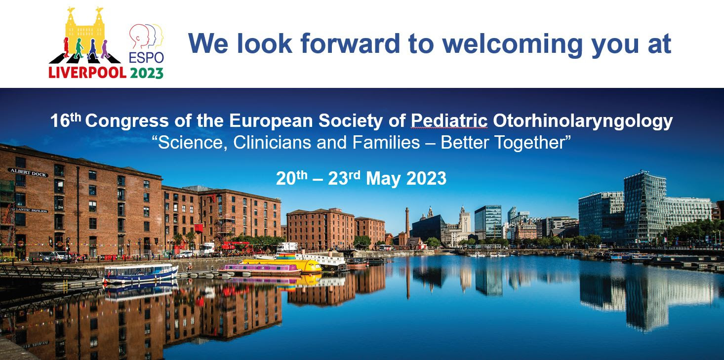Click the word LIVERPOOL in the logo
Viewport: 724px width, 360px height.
click(87, 73)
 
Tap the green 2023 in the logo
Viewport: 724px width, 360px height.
click(147, 73)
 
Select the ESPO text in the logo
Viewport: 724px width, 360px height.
click(146, 58)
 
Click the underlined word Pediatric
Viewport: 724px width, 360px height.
click(449, 121)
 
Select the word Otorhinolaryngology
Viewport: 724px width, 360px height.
click(583, 121)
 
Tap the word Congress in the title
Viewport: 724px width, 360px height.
click(127, 121)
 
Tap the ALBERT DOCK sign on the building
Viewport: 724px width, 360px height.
click(29, 173)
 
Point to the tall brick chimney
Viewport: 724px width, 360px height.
click(407, 223)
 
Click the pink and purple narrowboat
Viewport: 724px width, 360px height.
click(260, 269)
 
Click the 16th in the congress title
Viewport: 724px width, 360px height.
click(65, 120)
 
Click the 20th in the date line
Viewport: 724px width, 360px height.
click(291, 178)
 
